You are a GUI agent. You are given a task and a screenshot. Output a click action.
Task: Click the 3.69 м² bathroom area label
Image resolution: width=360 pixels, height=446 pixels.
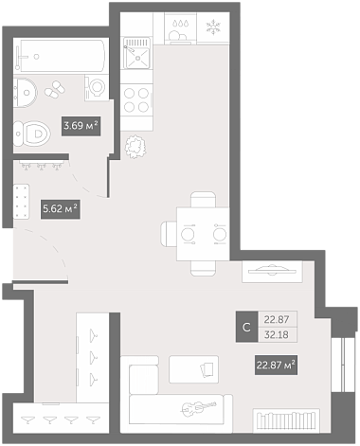pyautogui.click(x=81, y=126)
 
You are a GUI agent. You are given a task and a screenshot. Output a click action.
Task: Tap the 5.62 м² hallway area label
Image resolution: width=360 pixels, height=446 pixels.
pyautogui.click(x=60, y=209)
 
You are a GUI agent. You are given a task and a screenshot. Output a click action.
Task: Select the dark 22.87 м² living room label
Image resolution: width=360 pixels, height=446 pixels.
pyautogui.click(x=276, y=366)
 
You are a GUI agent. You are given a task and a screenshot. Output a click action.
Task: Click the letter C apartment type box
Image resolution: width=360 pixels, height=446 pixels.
pyautogui.click(x=246, y=327)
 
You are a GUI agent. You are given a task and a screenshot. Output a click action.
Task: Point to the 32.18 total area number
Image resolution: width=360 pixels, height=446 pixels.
pyautogui.click(x=277, y=334)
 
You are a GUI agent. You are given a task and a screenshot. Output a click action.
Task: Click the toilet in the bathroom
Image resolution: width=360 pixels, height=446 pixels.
pyautogui.click(x=32, y=134)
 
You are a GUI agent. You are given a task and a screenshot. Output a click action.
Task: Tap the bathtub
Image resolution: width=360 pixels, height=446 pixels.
pyautogui.click(x=60, y=55)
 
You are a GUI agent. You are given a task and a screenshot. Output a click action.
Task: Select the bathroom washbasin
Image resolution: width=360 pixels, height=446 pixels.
pyautogui.click(x=26, y=93)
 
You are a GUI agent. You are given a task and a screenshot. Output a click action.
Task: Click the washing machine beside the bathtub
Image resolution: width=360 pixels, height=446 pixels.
pyautogui.click(x=97, y=88)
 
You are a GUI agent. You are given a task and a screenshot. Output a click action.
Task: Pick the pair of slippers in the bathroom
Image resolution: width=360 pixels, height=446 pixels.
pyautogui.click(x=55, y=89)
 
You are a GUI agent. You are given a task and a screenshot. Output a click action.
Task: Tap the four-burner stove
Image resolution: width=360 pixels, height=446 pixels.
pyautogui.click(x=136, y=99)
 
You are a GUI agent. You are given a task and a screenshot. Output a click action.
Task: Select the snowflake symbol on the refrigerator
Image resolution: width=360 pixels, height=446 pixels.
pyautogui.click(x=213, y=27)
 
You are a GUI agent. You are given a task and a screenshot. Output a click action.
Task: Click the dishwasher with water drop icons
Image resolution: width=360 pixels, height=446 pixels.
pyautogui.click(x=180, y=27)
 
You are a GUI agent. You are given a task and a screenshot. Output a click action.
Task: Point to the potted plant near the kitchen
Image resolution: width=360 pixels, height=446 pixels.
pyautogui.click(x=135, y=147)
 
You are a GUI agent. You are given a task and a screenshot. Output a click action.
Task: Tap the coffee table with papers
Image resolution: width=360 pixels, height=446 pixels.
pyautogui.click(x=193, y=369)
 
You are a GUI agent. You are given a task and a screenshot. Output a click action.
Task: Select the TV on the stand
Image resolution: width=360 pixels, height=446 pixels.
pyautogui.click(x=272, y=271)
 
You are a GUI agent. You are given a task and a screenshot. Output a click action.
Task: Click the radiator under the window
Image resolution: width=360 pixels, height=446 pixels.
pyautogui.click(x=286, y=419)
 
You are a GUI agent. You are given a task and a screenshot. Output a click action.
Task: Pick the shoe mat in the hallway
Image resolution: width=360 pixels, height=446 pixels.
pyautogui.click(x=22, y=202)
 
